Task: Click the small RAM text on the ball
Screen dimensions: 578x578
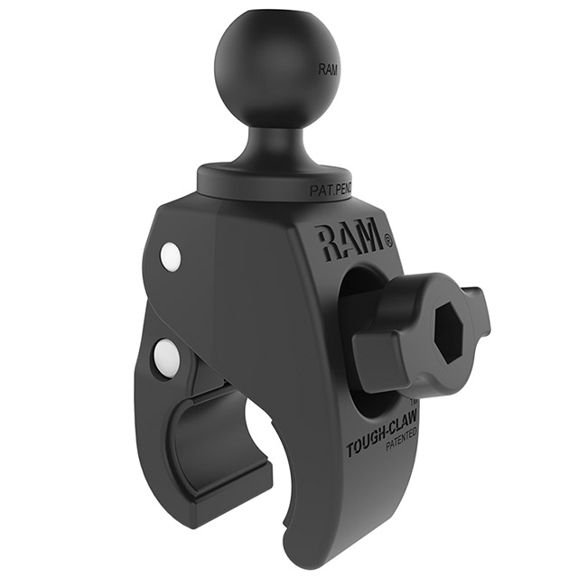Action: tap(329, 69)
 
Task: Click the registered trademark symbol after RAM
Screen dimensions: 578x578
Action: tap(388, 240)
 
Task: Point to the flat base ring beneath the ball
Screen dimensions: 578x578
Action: tap(271, 175)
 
